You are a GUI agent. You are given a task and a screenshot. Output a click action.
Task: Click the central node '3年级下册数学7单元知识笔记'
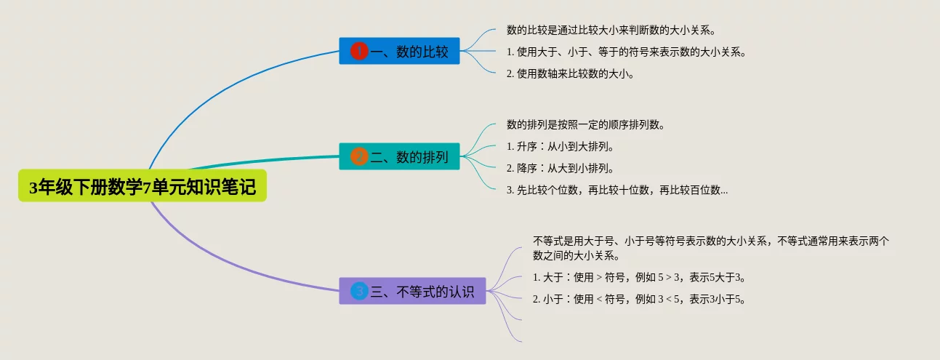142,185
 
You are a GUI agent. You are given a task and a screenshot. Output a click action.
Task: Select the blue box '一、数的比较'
399,51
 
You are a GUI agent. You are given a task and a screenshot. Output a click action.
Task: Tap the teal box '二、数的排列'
399,156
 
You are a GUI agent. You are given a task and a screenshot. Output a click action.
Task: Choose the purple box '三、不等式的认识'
412,291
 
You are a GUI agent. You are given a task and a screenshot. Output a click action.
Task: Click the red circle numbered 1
359,51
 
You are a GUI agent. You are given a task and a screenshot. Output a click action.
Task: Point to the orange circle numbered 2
359,156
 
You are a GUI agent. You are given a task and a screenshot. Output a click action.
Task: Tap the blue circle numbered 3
359,291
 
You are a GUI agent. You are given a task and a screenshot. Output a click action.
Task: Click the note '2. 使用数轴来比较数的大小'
570,74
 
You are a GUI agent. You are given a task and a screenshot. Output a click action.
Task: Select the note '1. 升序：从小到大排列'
561,146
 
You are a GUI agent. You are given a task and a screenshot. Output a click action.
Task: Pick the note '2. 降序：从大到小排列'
561,168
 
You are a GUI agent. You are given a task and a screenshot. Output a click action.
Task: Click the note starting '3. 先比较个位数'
617,190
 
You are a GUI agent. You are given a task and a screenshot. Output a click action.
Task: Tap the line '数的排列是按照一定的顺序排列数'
586,124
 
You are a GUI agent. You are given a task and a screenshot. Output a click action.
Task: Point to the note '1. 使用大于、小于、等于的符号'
626,52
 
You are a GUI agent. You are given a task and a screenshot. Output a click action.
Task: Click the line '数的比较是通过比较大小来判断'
611,31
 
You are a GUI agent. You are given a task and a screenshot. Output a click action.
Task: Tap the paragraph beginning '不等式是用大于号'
711,248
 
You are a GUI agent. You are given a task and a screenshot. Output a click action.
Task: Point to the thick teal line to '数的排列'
265,160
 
